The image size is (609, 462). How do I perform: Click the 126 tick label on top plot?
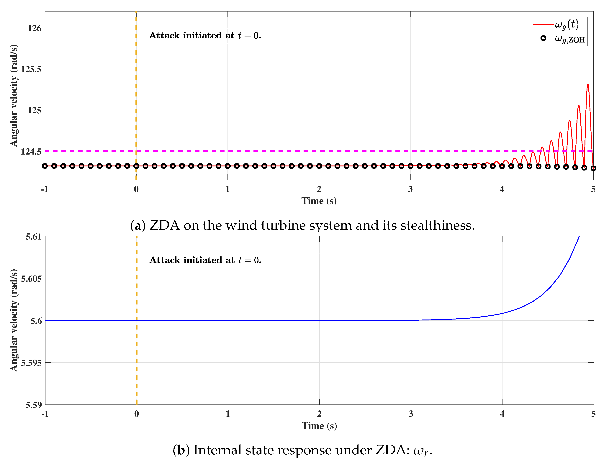[34, 28]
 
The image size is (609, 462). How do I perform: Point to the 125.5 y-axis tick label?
[31, 69]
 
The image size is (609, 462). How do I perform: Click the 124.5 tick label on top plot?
[31, 151]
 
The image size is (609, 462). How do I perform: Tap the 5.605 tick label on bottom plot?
[31, 278]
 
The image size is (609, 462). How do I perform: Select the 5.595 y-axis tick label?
[31, 363]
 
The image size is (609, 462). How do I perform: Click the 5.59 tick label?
[34, 405]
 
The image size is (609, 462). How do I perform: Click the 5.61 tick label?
[34, 237]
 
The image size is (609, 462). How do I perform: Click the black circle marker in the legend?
[543, 38]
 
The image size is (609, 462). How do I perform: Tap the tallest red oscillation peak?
[588, 85]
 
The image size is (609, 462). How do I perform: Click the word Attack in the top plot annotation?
[164, 35]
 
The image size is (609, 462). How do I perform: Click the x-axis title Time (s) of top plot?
[319, 201]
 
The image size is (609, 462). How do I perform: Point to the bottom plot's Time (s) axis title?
[319, 426]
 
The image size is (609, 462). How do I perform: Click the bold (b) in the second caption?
[181, 450]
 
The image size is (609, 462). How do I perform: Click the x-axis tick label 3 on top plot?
[410, 189]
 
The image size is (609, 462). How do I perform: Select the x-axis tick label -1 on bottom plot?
[45, 414]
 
